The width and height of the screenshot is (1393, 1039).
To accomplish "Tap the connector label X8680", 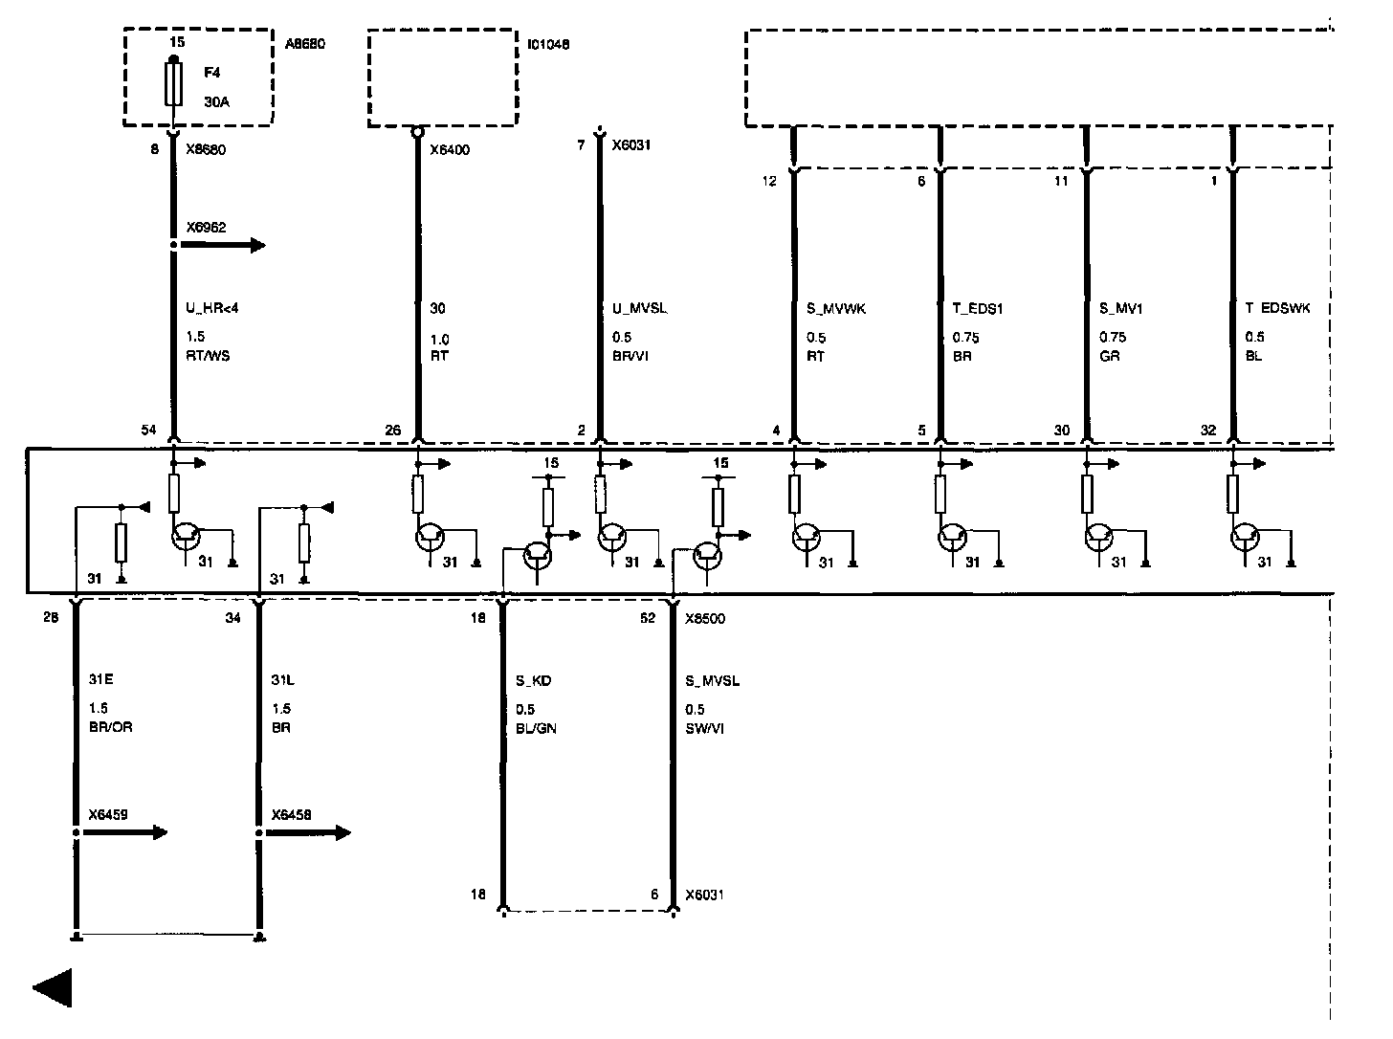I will coord(206,149).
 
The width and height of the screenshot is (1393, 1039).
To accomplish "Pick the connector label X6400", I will coord(450,149).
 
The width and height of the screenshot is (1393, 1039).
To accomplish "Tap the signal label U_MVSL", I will coord(639,308).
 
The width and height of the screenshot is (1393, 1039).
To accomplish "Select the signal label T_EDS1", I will coord(977,308).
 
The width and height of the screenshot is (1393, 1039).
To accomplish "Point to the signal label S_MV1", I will coord(1120,308).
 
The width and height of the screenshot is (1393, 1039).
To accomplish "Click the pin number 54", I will coord(148,431).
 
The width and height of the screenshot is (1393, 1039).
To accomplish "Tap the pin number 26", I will coord(393,431).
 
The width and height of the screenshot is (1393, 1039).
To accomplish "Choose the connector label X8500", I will coord(705,618).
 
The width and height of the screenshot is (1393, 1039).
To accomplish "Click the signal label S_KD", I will coord(533,681).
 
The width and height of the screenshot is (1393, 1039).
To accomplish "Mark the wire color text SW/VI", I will coord(704,728).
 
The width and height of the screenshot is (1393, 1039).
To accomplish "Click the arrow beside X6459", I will coord(125,832).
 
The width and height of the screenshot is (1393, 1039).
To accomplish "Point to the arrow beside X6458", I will coord(308,832).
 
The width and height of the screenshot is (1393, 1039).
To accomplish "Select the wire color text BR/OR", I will coord(110,728).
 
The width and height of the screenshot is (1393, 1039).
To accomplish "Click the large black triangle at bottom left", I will coord(54,987).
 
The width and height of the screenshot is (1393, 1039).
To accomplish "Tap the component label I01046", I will coord(548,44).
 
